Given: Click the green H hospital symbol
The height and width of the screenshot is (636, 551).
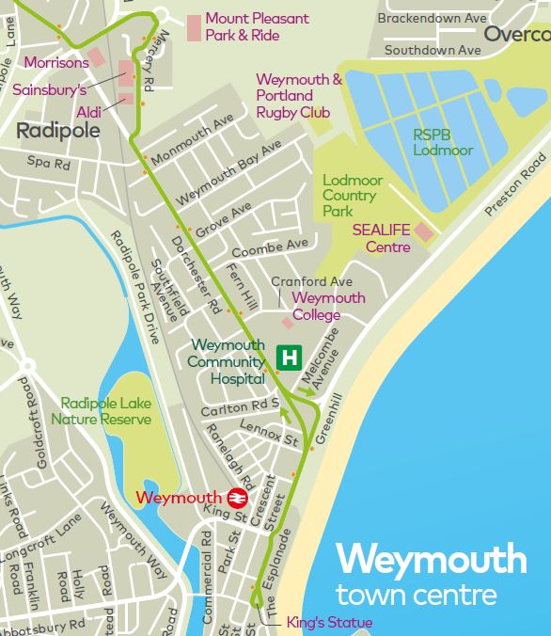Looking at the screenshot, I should [291, 358].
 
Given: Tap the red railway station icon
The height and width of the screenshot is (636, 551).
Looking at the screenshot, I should [236, 497].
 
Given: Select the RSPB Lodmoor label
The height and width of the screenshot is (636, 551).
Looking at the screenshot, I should [443, 142].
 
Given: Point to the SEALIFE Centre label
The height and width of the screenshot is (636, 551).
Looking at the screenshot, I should [382, 237].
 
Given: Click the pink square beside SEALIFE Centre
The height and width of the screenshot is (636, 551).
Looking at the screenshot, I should [424, 231].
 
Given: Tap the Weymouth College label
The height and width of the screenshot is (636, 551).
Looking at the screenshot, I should [328, 306].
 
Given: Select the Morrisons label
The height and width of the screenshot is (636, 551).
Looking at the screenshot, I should [56, 63].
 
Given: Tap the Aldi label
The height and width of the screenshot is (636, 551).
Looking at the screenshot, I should [90, 111].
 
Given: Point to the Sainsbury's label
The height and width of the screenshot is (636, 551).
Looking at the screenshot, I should [49, 90].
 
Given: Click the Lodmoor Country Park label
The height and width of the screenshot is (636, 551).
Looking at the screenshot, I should [349, 196].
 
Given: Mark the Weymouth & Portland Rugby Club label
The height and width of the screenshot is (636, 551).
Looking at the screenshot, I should [299, 96].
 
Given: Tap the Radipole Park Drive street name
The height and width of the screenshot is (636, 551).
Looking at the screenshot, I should [135, 286].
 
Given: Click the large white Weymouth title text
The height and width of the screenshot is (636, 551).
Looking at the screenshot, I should [432, 560].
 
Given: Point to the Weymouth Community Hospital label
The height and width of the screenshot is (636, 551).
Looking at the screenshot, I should [226, 362].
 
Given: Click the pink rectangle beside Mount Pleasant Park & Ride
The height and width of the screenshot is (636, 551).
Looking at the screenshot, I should [194, 27].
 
